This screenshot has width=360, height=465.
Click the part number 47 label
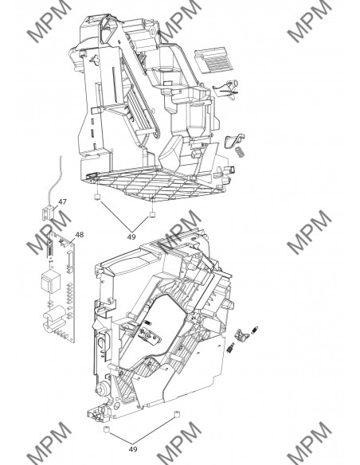coord(61,203)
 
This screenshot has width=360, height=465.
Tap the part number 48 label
coord(78,235)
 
